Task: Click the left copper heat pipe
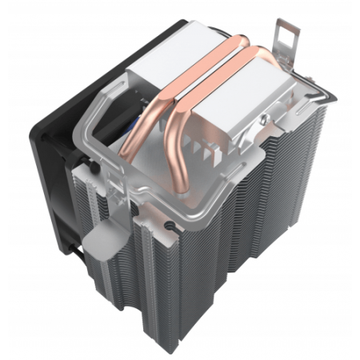(160, 96)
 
